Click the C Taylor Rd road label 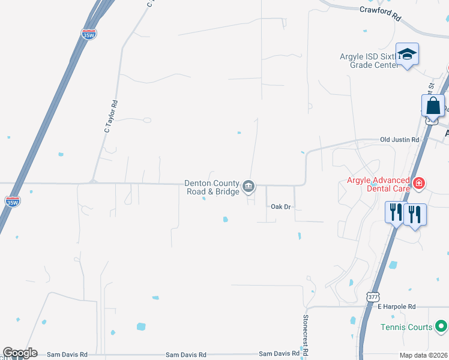click(110, 116)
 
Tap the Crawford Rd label click(380, 10)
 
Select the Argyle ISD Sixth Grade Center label click(367, 61)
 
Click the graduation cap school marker click(408, 55)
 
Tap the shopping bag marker click(433, 106)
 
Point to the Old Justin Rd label click(399, 140)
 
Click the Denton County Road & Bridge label click(212, 187)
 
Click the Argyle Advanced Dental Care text click(378, 184)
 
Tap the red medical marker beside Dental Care click(418, 182)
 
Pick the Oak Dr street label click(280, 206)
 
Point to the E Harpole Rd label click(396, 307)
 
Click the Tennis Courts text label click(406, 327)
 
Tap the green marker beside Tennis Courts click(441, 327)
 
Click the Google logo click(19, 353)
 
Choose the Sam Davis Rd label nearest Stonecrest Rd click(279, 354)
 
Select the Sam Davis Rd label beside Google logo click(67, 354)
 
